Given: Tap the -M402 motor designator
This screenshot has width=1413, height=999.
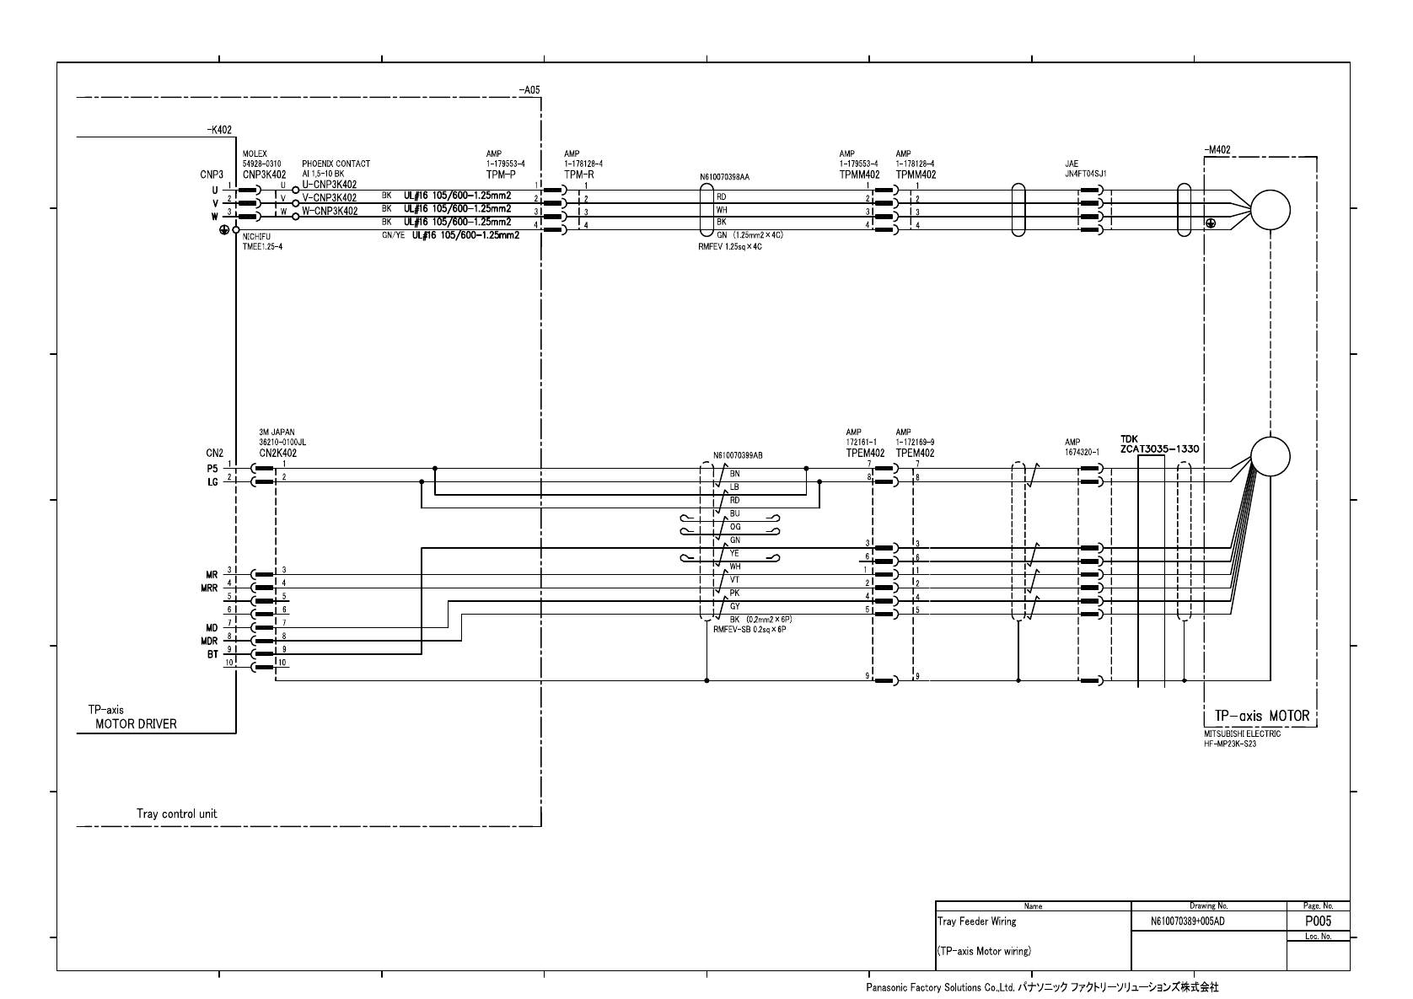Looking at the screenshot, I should click(x=1217, y=150).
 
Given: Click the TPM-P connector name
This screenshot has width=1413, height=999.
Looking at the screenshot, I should click(x=501, y=175).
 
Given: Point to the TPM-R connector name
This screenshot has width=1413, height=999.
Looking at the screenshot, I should click(x=578, y=175).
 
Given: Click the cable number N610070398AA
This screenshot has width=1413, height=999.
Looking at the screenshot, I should click(x=724, y=178).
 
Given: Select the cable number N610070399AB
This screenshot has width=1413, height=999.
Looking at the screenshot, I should click(x=738, y=455).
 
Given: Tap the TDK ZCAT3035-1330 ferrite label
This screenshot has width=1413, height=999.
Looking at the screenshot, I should click(x=1159, y=444).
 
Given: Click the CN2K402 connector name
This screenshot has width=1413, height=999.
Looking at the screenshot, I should click(x=277, y=453).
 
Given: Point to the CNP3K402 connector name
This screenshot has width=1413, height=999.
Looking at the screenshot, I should click(x=265, y=175).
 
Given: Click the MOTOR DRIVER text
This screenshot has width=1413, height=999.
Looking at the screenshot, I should click(x=136, y=724).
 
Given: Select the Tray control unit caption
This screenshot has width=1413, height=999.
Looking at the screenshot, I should click(x=177, y=814).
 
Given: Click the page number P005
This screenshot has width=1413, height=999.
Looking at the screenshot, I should click(x=1318, y=921).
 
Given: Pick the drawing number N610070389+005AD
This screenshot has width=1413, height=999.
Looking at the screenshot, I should click(x=1187, y=921).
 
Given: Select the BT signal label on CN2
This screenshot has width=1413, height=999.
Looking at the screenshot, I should click(x=212, y=654).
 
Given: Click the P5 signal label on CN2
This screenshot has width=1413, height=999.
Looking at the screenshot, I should click(x=212, y=468).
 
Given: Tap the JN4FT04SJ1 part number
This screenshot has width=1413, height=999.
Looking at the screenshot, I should click(x=1085, y=173).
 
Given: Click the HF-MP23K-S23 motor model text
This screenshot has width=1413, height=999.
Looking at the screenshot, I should click(x=1230, y=743).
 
